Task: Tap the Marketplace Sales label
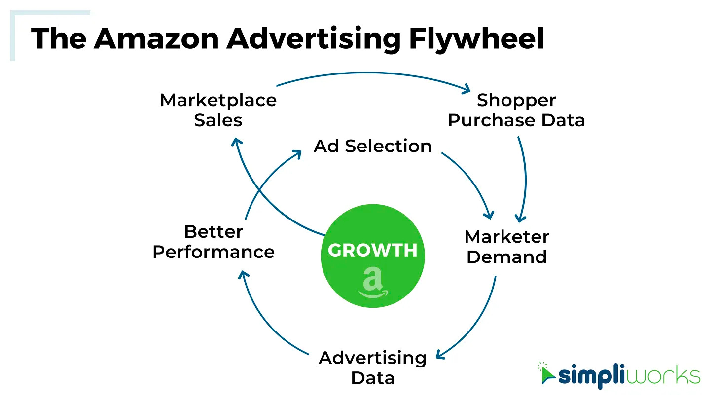[x=218, y=110]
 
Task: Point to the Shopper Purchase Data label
[x=516, y=110]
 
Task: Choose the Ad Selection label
[x=372, y=146]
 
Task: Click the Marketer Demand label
[x=506, y=247]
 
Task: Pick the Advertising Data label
[x=372, y=367]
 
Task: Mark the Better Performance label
[x=214, y=242]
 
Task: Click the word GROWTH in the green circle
[x=372, y=250]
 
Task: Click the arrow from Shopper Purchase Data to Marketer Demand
[x=525, y=178]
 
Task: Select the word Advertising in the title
[x=313, y=38]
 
